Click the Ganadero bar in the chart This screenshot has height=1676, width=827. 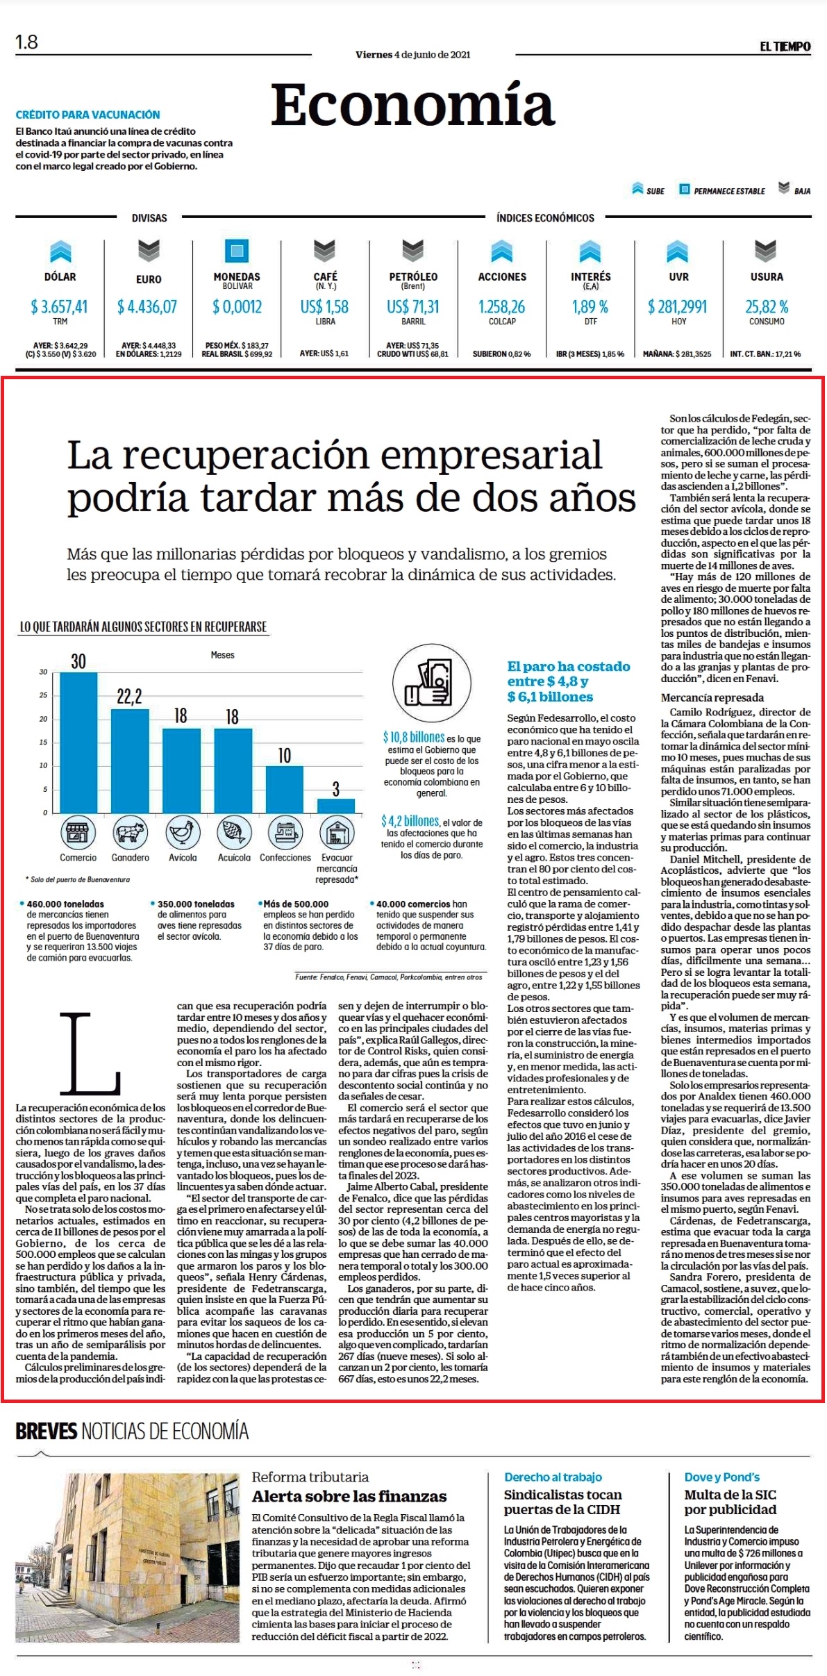(130, 761)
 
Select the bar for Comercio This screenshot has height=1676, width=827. (78, 742)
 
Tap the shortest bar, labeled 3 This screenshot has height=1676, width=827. (336, 806)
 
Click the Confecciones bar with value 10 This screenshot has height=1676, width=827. (285, 789)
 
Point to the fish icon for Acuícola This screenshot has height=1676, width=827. (234, 832)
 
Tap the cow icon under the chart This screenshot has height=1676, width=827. (130, 832)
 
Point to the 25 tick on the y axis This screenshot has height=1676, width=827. (43, 695)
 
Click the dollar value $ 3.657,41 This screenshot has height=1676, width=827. (60, 306)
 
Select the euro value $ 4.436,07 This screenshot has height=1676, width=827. (147, 306)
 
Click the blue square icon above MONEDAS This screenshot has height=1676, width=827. (237, 250)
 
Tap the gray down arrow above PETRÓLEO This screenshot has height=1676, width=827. (413, 250)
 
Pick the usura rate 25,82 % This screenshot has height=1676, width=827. (767, 306)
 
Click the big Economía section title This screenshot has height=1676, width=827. (412, 106)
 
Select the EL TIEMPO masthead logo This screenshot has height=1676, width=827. (785, 47)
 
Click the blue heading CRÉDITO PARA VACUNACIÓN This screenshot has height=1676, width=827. (87, 115)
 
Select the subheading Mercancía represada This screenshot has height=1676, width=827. (712, 697)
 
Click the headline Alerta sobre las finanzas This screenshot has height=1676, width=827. (349, 1496)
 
